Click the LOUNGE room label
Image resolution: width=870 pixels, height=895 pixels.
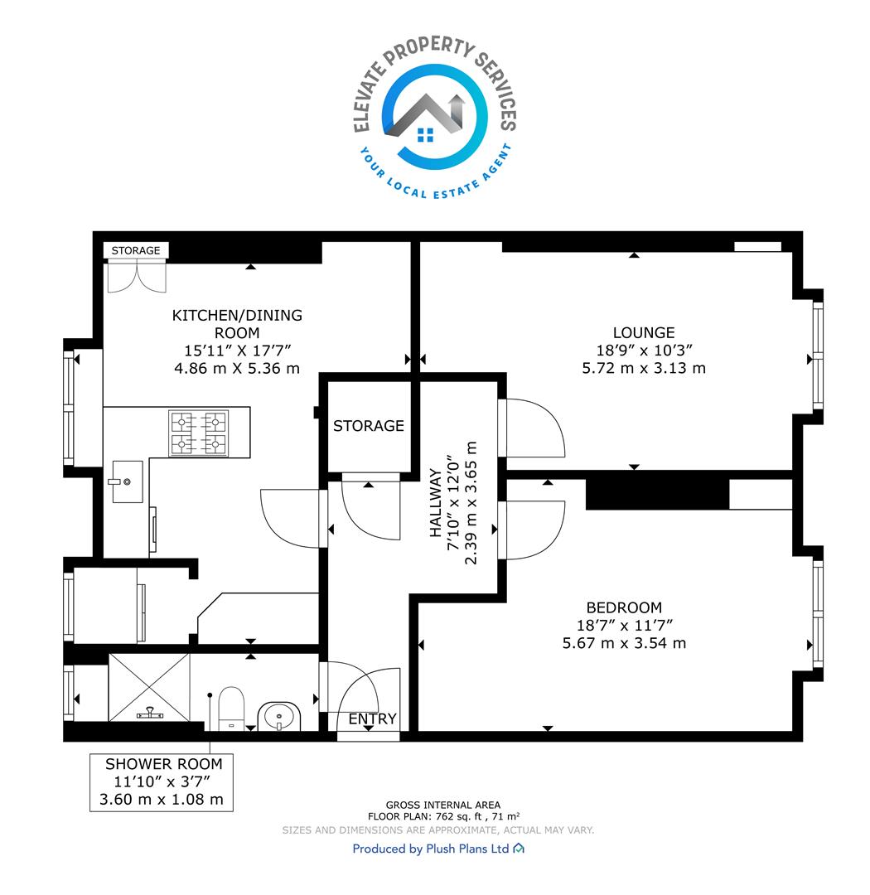tap(643, 332)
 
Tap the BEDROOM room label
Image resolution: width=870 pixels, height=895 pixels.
tap(624, 607)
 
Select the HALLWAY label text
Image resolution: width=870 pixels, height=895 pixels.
tap(436, 503)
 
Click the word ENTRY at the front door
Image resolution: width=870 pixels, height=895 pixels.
tap(372, 718)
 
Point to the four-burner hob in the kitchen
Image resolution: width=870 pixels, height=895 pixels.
tap(199, 433)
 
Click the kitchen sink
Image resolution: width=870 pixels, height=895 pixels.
tap(127, 481)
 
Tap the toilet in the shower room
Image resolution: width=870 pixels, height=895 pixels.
tap(231, 709)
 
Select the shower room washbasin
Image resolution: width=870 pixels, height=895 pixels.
tap(279, 716)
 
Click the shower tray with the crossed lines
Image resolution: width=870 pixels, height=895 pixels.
tap(149, 687)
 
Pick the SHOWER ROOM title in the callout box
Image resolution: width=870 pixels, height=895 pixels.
tap(164, 764)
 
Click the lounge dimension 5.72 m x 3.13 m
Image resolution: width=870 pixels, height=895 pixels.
tap(643, 368)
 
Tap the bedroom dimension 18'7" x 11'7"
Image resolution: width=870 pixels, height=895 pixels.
tap(625, 625)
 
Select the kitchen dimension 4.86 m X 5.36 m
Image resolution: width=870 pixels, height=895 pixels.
tap(237, 368)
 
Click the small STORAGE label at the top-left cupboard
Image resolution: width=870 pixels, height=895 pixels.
tap(136, 250)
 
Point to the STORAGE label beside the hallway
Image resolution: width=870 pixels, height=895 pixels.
tap(368, 426)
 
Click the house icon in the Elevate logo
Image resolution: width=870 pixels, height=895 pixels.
tap(425, 117)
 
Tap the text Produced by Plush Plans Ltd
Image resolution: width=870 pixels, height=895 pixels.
tap(431, 849)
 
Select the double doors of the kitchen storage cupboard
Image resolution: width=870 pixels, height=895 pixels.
tap(137, 276)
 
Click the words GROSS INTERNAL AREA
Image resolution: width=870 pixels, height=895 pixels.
tap(443, 805)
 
